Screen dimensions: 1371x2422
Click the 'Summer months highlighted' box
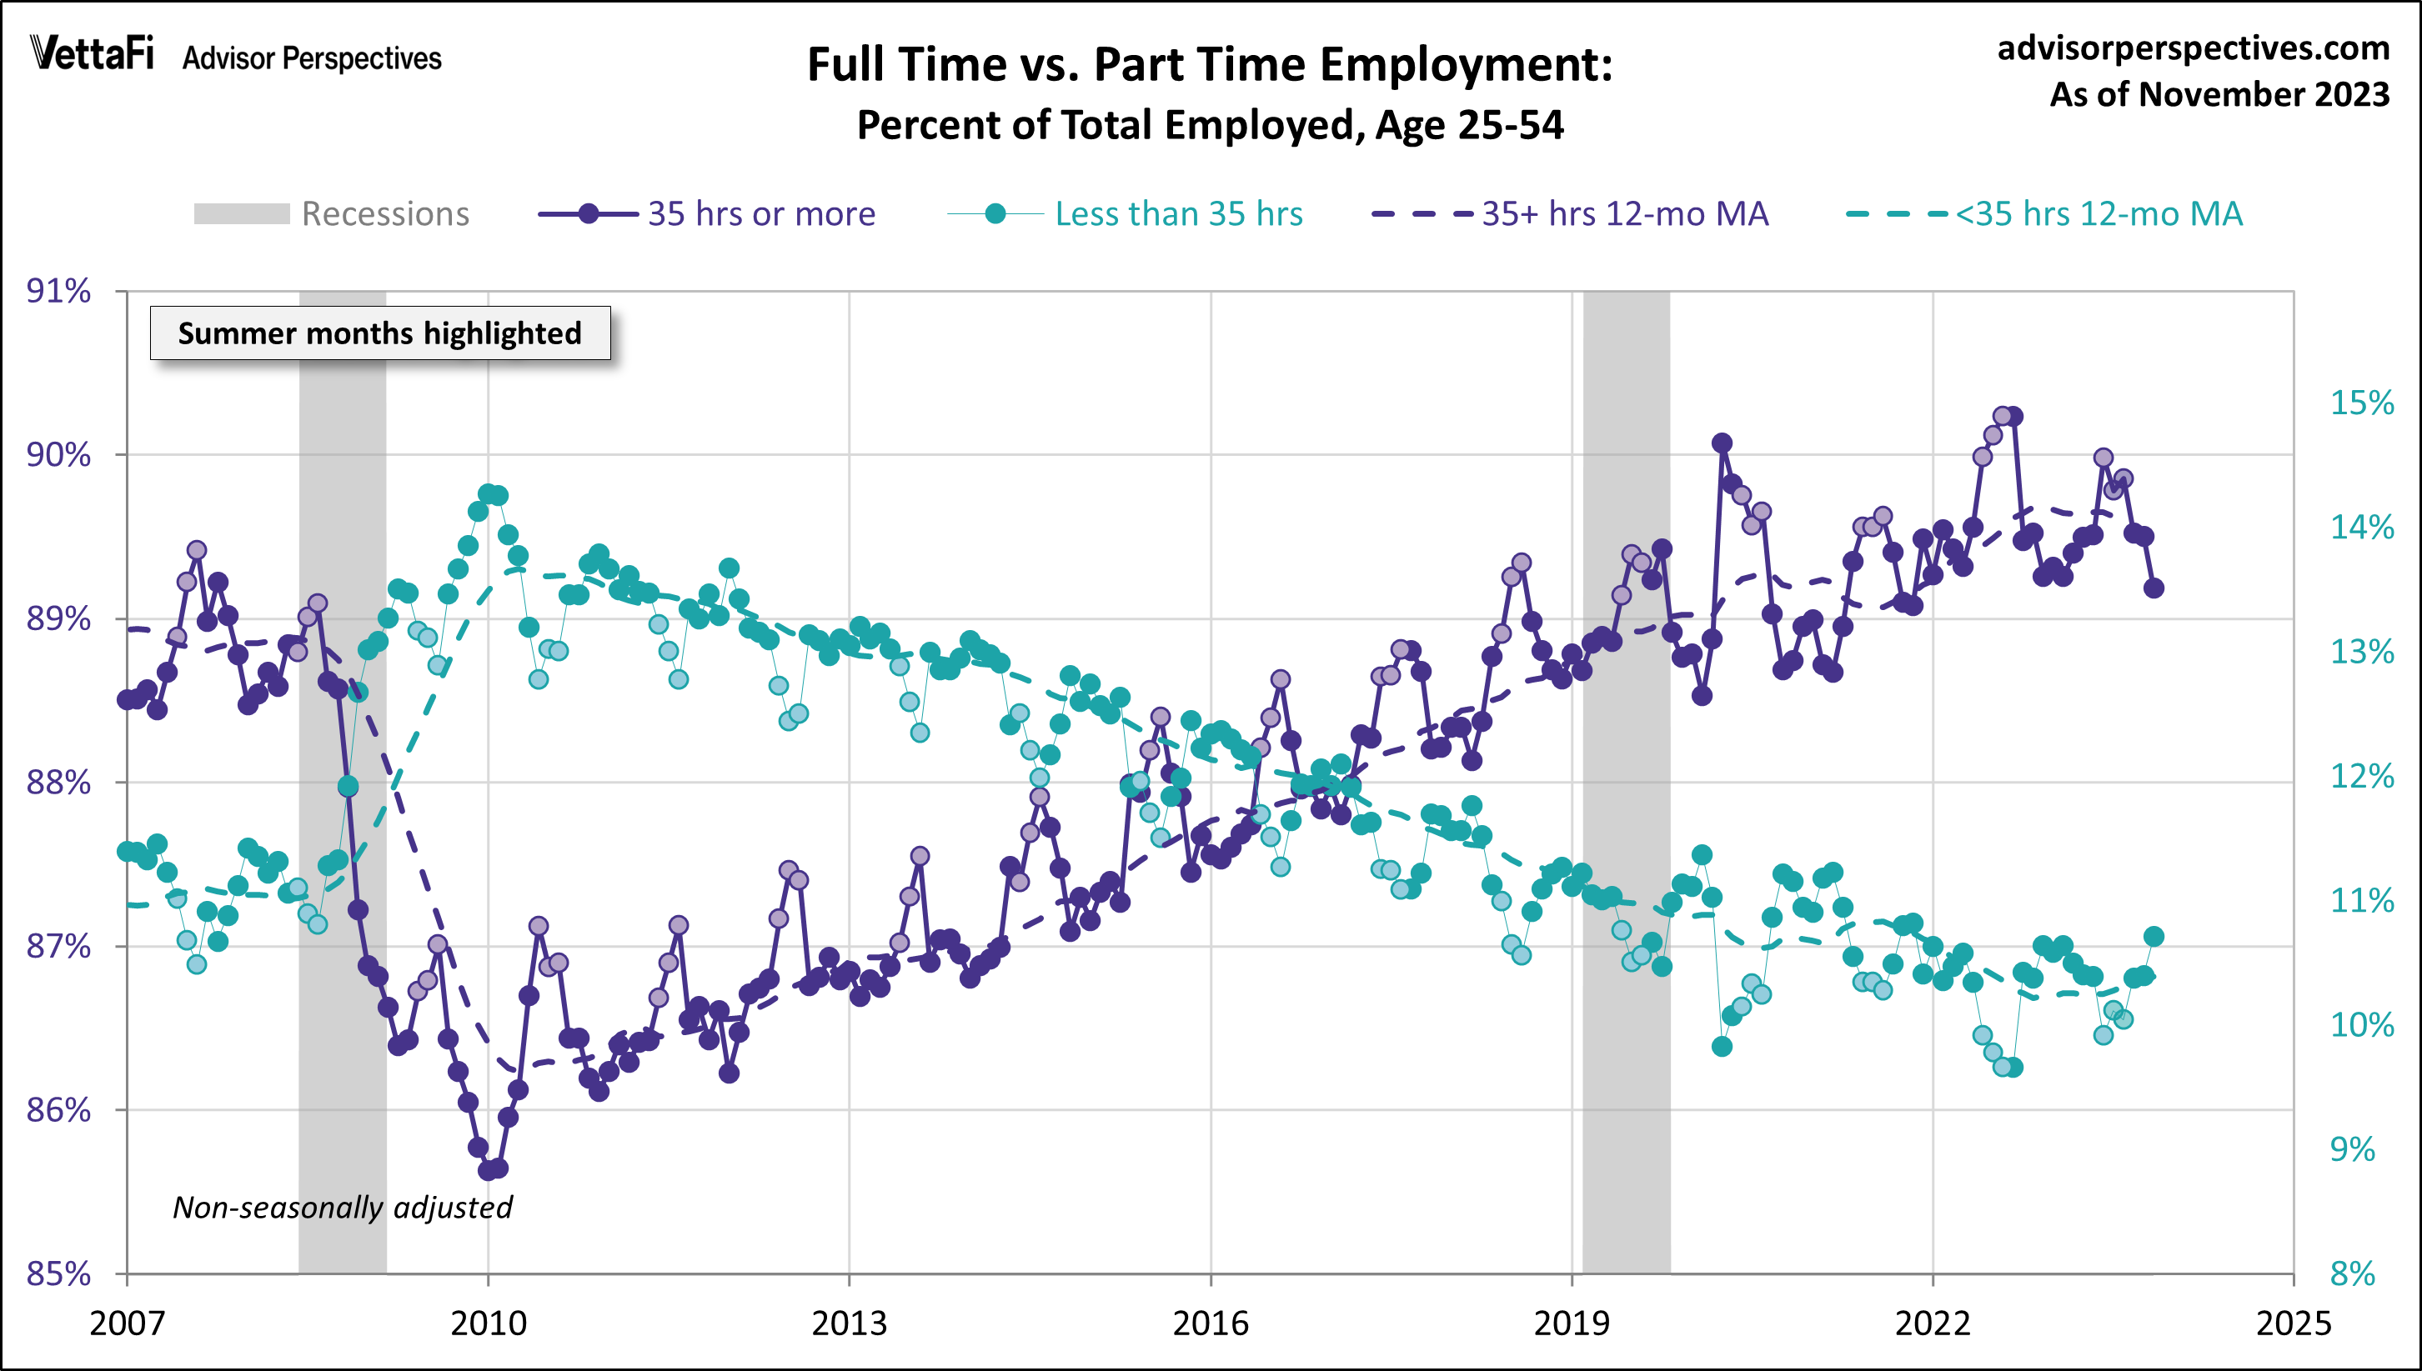[379, 333]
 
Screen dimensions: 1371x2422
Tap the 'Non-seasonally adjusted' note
[342, 1207]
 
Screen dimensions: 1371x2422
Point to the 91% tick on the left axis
[58, 291]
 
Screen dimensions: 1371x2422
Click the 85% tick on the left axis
[58, 1274]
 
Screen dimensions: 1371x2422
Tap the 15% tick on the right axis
[2361, 403]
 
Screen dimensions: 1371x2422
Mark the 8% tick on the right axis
[2351, 1274]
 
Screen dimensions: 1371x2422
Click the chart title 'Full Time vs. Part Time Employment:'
[1210, 65]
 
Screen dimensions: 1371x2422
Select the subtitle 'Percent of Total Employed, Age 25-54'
[1210, 125]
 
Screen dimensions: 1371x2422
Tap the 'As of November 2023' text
[2219, 94]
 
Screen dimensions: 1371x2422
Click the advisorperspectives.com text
[2194, 48]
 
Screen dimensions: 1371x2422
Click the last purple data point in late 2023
[2154, 588]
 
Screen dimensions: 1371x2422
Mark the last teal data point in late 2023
[2154, 936]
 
